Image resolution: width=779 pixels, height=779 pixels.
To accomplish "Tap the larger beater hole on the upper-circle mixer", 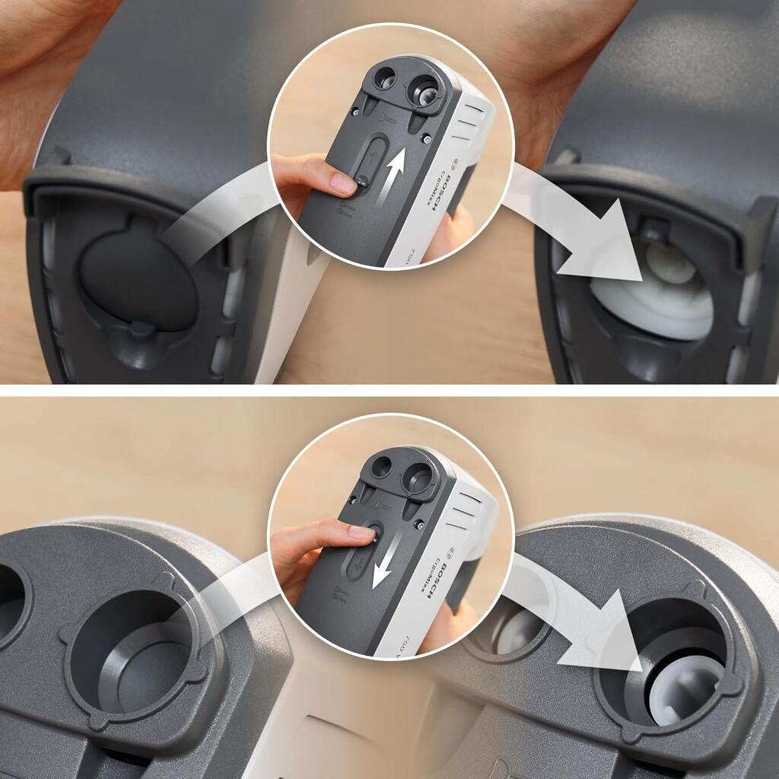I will (x=424, y=89).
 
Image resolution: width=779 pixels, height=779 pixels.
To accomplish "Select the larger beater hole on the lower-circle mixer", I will (x=419, y=479).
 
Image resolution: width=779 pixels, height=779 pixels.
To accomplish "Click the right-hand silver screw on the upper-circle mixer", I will (x=427, y=138).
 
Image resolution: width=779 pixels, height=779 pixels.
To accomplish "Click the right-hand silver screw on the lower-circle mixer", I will (x=419, y=524).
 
